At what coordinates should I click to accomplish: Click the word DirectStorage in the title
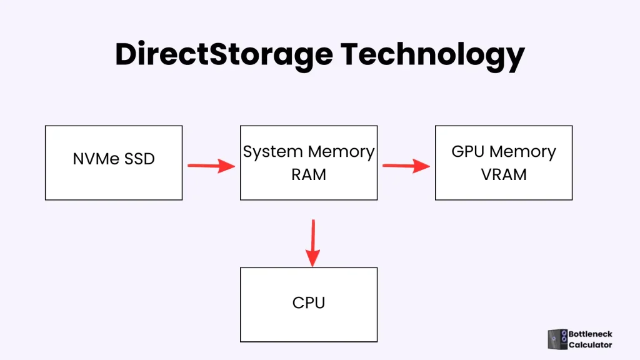pos(223,56)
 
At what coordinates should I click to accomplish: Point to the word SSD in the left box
pos(139,159)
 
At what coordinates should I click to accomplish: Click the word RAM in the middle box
pos(309,175)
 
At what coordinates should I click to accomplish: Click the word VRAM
pos(504,175)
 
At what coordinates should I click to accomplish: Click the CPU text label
pos(309,304)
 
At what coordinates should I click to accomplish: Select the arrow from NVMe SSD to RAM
pos(211,166)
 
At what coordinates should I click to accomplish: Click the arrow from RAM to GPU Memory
pos(406,166)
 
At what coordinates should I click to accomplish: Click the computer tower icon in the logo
pos(557,339)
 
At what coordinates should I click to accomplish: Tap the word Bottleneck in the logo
pos(590,334)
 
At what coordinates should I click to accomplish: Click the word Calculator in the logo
pos(590,345)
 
